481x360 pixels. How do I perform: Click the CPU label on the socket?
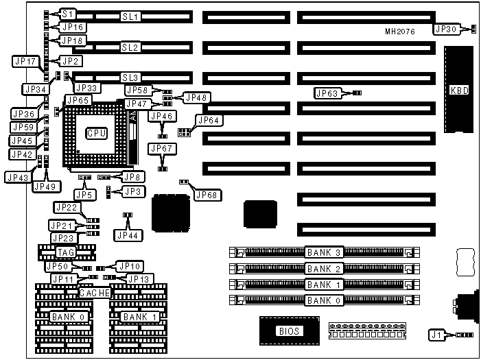point(96,133)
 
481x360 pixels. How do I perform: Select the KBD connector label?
point(458,90)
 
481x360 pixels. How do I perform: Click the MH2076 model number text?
point(400,32)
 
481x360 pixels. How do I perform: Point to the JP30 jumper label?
point(445,29)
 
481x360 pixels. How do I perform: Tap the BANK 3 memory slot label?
point(323,252)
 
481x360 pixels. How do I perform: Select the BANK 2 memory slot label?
point(323,268)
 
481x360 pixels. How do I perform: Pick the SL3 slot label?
point(130,77)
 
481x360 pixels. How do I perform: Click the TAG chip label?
point(67,252)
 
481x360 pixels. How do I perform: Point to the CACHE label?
point(94,293)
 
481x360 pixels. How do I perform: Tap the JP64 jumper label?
point(208,120)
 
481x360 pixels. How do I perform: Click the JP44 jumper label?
point(127,235)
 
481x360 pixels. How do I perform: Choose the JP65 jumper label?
point(77,100)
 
